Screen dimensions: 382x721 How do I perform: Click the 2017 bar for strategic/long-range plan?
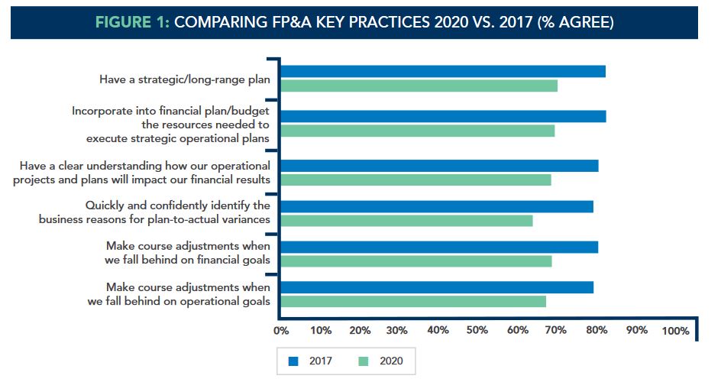coord(443,71)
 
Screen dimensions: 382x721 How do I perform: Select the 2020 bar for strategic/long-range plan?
coord(419,86)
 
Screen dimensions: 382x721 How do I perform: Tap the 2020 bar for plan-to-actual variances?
coord(406,221)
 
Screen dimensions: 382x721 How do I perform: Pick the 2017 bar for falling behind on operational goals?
coord(437,287)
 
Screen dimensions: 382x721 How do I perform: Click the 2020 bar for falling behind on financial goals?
coord(415,261)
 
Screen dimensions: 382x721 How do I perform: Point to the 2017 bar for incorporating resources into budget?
coord(443,116)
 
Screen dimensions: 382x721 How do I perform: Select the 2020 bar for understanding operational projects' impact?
coord(415,180)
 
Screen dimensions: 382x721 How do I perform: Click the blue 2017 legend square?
coord(293,360)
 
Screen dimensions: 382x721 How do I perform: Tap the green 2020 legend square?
coord(363,360)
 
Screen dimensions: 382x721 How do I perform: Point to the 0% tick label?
coord(281,331)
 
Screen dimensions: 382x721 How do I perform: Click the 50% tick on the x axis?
coord(477,331)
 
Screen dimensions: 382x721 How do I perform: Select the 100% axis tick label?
coord(675,331)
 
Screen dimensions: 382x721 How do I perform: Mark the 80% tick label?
coord(597,331)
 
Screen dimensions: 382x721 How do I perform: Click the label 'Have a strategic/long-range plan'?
coord(185,79)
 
